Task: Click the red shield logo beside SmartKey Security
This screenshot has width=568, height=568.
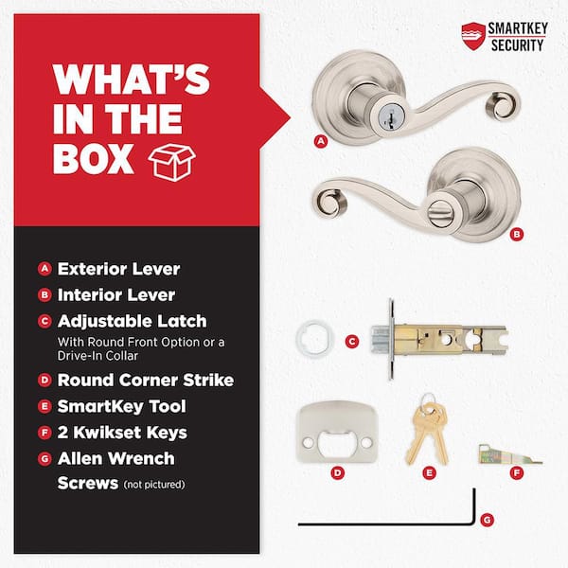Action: tap(473, 36)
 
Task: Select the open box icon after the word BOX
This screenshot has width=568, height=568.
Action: tap(171, 162)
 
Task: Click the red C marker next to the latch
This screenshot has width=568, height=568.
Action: tap(352, 341)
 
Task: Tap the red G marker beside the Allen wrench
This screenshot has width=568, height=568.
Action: tap(487, 520)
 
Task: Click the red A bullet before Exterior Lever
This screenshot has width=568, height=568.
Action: tap(44, 269)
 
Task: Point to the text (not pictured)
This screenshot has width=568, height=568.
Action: tap(154, 485)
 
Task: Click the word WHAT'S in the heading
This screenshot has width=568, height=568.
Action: tap(132, 80)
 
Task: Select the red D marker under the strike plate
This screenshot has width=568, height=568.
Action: tap(338, 472)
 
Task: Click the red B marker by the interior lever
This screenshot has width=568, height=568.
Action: tap(517, 234)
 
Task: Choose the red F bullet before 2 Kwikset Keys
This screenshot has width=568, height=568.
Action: tap(44, 433)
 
